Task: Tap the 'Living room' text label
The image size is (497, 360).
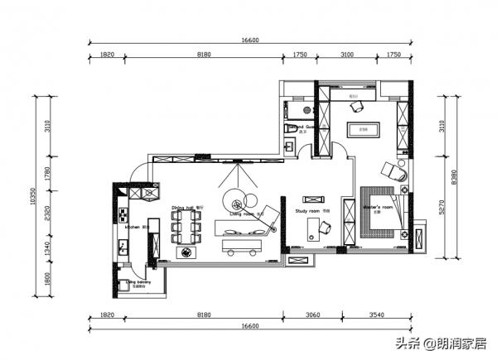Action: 248,214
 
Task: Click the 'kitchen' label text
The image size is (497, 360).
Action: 132,226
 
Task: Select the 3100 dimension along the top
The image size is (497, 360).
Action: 346,55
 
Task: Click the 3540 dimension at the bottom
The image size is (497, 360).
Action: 378,315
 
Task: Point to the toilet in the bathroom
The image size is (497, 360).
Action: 286,129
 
